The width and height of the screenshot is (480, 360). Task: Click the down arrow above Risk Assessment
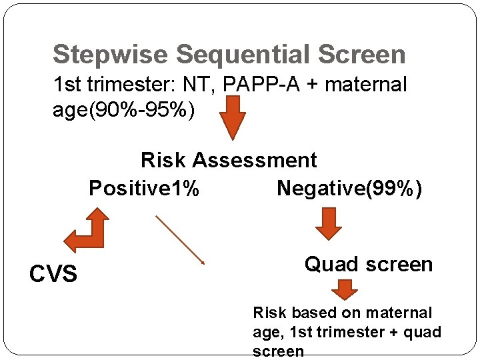[233, 117]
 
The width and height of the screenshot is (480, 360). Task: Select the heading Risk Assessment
[229, 160]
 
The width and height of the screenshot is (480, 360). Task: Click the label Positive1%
[144, 189]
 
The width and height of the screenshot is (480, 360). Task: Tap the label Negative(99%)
[349, 189]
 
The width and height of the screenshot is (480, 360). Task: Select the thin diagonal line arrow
[180, 239]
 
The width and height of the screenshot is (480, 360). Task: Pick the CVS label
[53, 273]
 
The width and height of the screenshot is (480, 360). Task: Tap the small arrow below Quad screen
[345, 290]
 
